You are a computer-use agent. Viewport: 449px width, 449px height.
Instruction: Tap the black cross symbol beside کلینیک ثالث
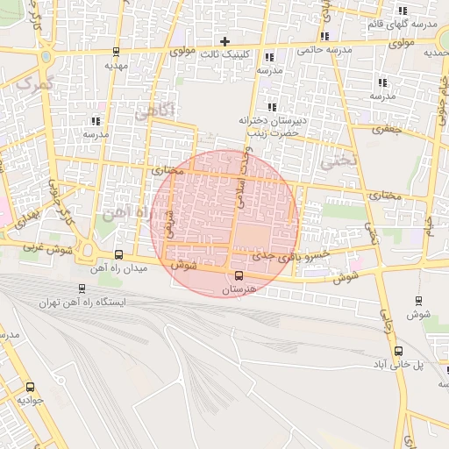(224, 41)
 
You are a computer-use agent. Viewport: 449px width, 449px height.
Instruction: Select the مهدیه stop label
(116, 65)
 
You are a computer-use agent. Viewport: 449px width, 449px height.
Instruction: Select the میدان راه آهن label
(120, 267)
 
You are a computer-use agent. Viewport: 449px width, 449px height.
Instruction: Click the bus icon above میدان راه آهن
(119, 255)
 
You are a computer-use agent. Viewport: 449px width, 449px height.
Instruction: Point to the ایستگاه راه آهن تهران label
(82, 302)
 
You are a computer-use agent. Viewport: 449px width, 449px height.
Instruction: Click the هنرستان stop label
(238, 289)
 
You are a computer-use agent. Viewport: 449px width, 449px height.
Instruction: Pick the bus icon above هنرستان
(239, 276)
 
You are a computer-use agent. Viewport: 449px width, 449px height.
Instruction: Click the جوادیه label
(31, 399)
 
